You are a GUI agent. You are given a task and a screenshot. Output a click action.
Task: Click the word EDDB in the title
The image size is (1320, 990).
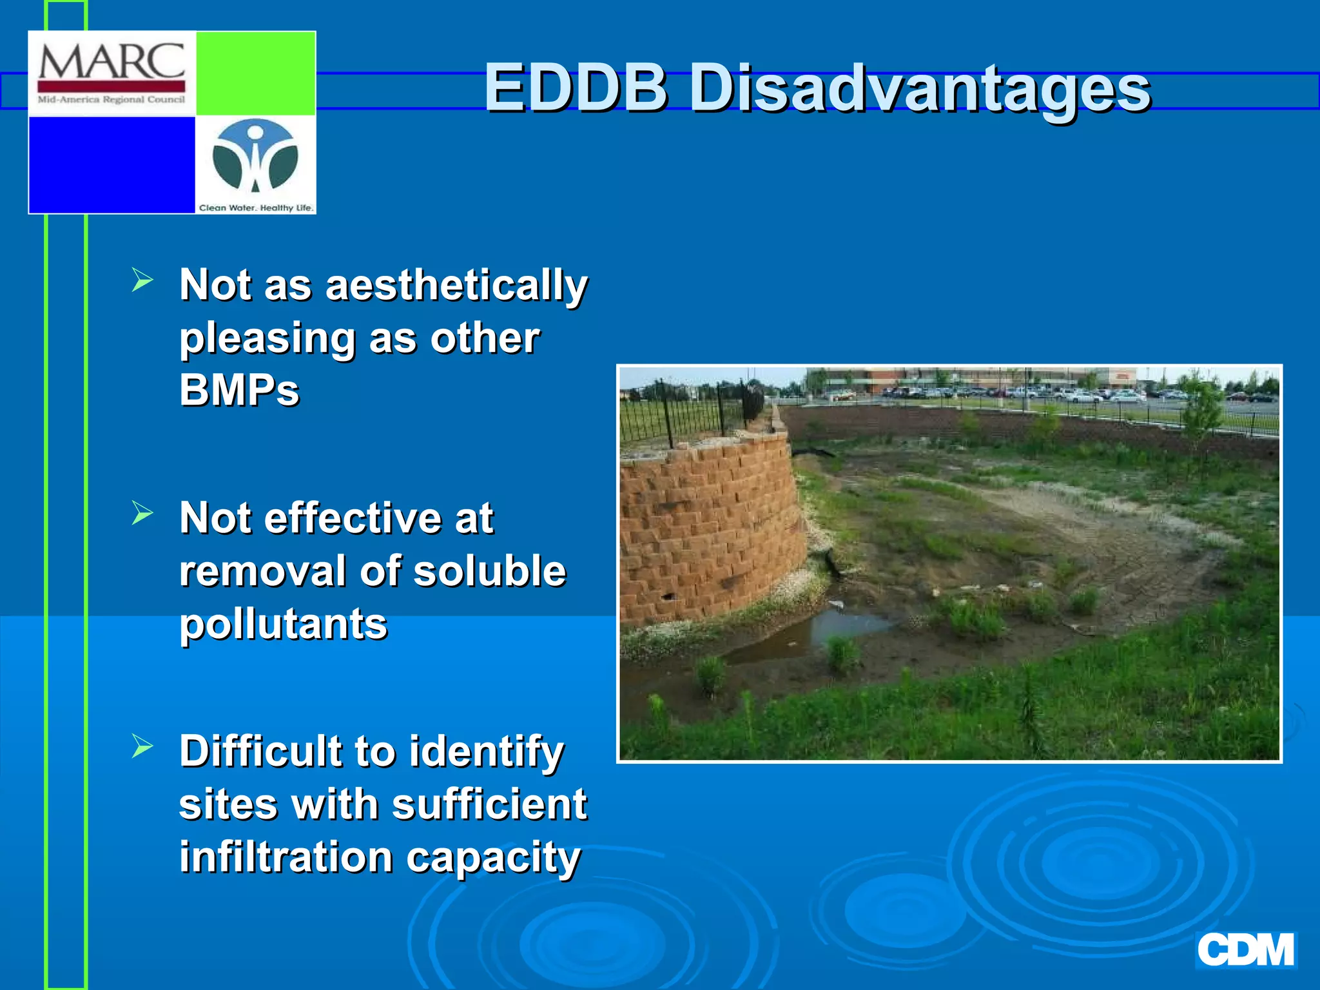coord(576,88)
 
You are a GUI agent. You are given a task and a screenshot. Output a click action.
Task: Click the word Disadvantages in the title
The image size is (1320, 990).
coord(920,89)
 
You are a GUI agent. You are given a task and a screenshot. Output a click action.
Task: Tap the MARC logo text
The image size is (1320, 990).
coord(112,63)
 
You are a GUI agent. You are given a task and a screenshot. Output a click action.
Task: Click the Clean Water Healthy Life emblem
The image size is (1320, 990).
coord(255,158)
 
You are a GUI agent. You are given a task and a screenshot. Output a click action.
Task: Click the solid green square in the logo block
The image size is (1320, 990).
coord(255,73)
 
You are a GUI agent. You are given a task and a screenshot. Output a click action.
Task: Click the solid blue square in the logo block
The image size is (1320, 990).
coord(112,164)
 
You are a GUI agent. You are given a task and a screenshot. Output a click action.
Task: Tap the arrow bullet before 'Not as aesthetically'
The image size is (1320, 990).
coord(142,280)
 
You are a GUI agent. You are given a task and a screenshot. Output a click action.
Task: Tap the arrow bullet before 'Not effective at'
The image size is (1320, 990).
coord(142,513)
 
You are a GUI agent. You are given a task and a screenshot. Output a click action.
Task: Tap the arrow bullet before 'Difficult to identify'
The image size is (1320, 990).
coord(142,746)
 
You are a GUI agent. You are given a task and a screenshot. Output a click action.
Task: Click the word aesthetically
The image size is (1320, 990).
coord(456,286)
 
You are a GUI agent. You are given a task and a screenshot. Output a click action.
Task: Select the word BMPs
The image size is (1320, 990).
coord(239,391)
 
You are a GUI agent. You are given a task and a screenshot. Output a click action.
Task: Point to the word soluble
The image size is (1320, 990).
coord(489,571)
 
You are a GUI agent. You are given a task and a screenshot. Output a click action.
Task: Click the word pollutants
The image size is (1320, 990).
coord(283,625)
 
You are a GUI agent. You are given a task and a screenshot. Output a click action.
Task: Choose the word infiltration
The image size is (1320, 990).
coord(286,857)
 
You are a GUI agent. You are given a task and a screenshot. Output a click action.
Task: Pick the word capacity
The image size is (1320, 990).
coord(494,859)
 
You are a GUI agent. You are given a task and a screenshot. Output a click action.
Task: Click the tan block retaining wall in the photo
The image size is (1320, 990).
coord(709,529)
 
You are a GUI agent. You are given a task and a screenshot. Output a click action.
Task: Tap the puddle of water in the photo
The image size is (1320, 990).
coord(844,625)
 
